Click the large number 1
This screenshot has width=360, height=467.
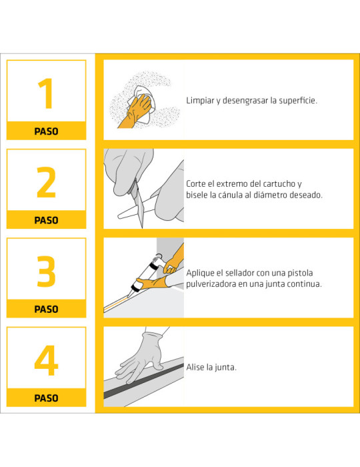coord(45,94)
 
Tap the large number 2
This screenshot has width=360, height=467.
coord(46,182)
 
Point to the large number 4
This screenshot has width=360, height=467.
coord(46,360)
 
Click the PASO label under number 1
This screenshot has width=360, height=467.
coord(46,131)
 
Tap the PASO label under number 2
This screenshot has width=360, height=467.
coord(46,220)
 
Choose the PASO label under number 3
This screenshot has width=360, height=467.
coord(46,310)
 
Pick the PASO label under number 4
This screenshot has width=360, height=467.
coord(46,398)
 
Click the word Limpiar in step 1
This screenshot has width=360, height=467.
coord(201,101)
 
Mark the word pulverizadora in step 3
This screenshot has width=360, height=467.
coord(215,284)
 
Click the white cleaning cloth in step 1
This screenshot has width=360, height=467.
coord(142,93)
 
